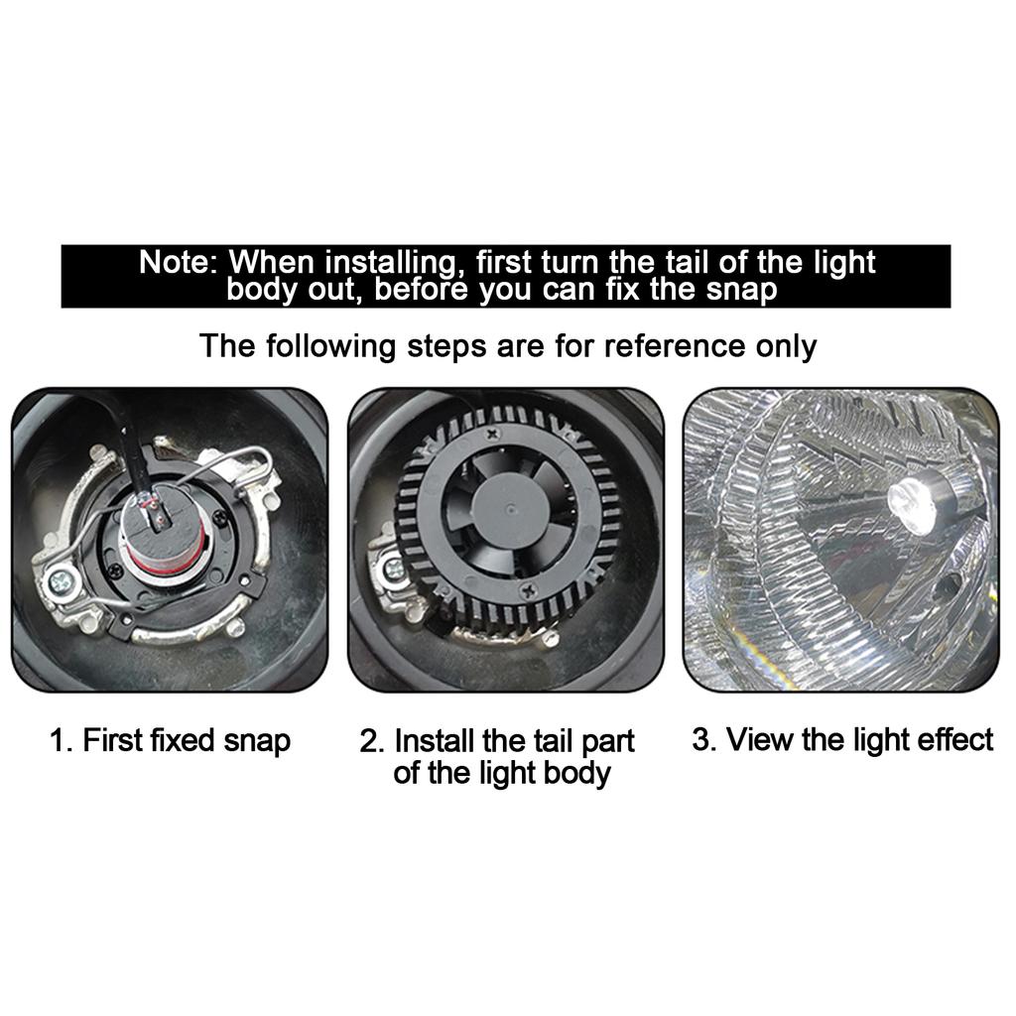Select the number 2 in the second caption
[370, 741]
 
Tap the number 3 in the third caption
[701, 740]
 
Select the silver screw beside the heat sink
[394, 569]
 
